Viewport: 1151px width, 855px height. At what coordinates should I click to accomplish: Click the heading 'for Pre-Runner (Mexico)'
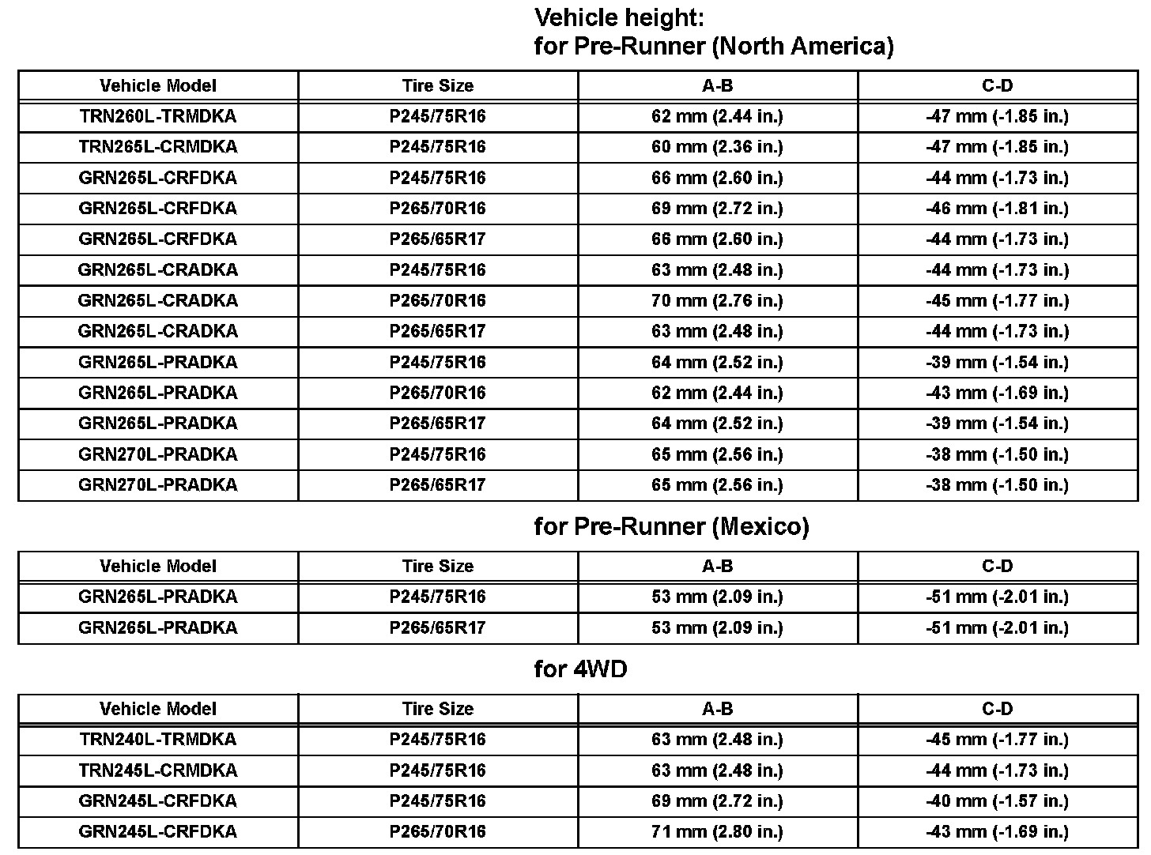click(671, 526)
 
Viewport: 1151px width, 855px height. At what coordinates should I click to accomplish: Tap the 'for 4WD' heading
click(580, 669)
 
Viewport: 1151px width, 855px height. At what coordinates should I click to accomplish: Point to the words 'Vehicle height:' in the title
click(619, 17)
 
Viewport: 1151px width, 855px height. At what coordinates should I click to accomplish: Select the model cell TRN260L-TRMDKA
click(158, 116)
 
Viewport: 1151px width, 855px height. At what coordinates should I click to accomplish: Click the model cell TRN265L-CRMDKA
click(158, 147)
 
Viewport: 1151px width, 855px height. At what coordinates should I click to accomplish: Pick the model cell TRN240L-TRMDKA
click(158, 740)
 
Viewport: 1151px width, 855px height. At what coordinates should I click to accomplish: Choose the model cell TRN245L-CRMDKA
click(158, 770)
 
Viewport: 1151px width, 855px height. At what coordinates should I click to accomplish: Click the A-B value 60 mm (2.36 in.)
click(717, 147)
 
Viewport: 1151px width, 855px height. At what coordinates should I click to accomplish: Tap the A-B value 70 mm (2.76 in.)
click(717, 300)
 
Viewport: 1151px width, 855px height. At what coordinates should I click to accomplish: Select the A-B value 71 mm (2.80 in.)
click(717, 831)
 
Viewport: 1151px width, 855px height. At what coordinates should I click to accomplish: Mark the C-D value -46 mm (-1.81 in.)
click(997, 209)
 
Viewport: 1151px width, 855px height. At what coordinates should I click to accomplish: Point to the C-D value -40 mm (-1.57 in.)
click(997, 800)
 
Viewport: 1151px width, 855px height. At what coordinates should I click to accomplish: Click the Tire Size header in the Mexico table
click(437, 566)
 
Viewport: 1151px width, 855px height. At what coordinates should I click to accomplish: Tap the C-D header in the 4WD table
click(997, 709)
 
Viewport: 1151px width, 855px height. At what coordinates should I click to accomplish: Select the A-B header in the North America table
click(717, 85)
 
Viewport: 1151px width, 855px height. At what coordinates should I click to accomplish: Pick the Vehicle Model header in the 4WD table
click(158, 709)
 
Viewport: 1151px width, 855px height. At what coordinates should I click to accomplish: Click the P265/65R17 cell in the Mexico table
click(437, 627)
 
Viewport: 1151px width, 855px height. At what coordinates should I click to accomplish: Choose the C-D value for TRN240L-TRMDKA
click(997, 740)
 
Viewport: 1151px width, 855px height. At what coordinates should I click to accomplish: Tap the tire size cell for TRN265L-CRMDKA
click(437, 147)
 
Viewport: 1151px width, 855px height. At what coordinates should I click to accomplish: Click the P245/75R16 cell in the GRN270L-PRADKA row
click(437, 454)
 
